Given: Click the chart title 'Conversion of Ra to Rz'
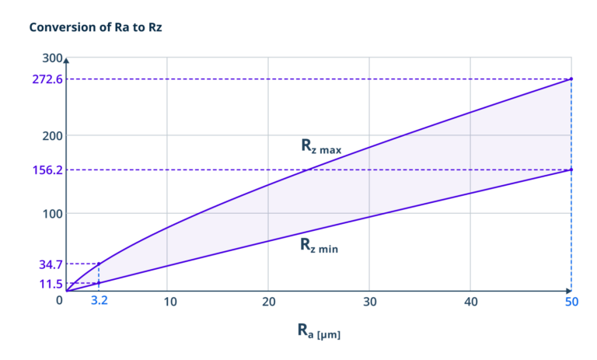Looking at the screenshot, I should point(96,27).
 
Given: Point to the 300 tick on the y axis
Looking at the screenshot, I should point(52,58).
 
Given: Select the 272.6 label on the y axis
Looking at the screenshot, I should point(47,79).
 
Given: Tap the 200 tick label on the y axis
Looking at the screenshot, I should point(52,135).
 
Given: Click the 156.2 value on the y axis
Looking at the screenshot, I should point(47,170).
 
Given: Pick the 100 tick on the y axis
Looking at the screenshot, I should point(52,213).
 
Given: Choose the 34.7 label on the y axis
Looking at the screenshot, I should point(51,264).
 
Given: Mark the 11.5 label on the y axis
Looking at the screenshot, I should point(51,285).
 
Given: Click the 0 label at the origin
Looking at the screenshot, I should point(59,301).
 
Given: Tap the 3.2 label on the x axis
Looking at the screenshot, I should point(99,301).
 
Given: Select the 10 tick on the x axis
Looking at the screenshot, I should point(167,301).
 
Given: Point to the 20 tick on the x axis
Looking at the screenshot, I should point(268,301).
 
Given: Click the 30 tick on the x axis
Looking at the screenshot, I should point(369,301).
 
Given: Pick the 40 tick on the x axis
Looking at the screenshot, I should point(470,301).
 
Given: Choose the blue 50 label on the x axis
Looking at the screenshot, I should point(571,301).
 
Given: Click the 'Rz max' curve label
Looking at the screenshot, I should point(321,146).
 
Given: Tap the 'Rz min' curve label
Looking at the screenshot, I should point(319,245).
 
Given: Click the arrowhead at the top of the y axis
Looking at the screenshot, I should point(67,60).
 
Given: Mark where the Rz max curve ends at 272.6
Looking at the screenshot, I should point(571,79).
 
